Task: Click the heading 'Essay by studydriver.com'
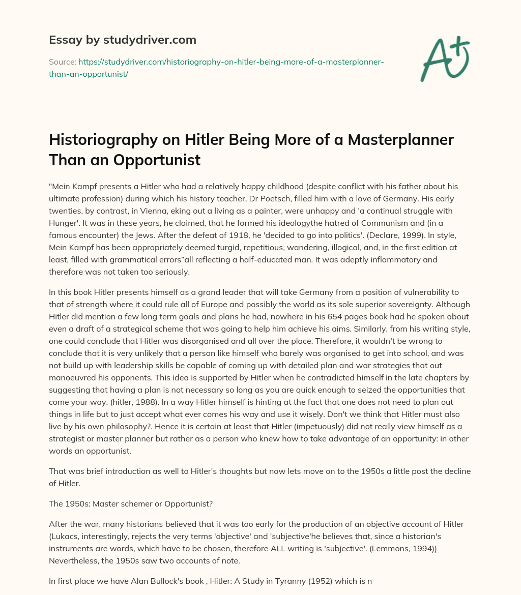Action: (x=123, y=40)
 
